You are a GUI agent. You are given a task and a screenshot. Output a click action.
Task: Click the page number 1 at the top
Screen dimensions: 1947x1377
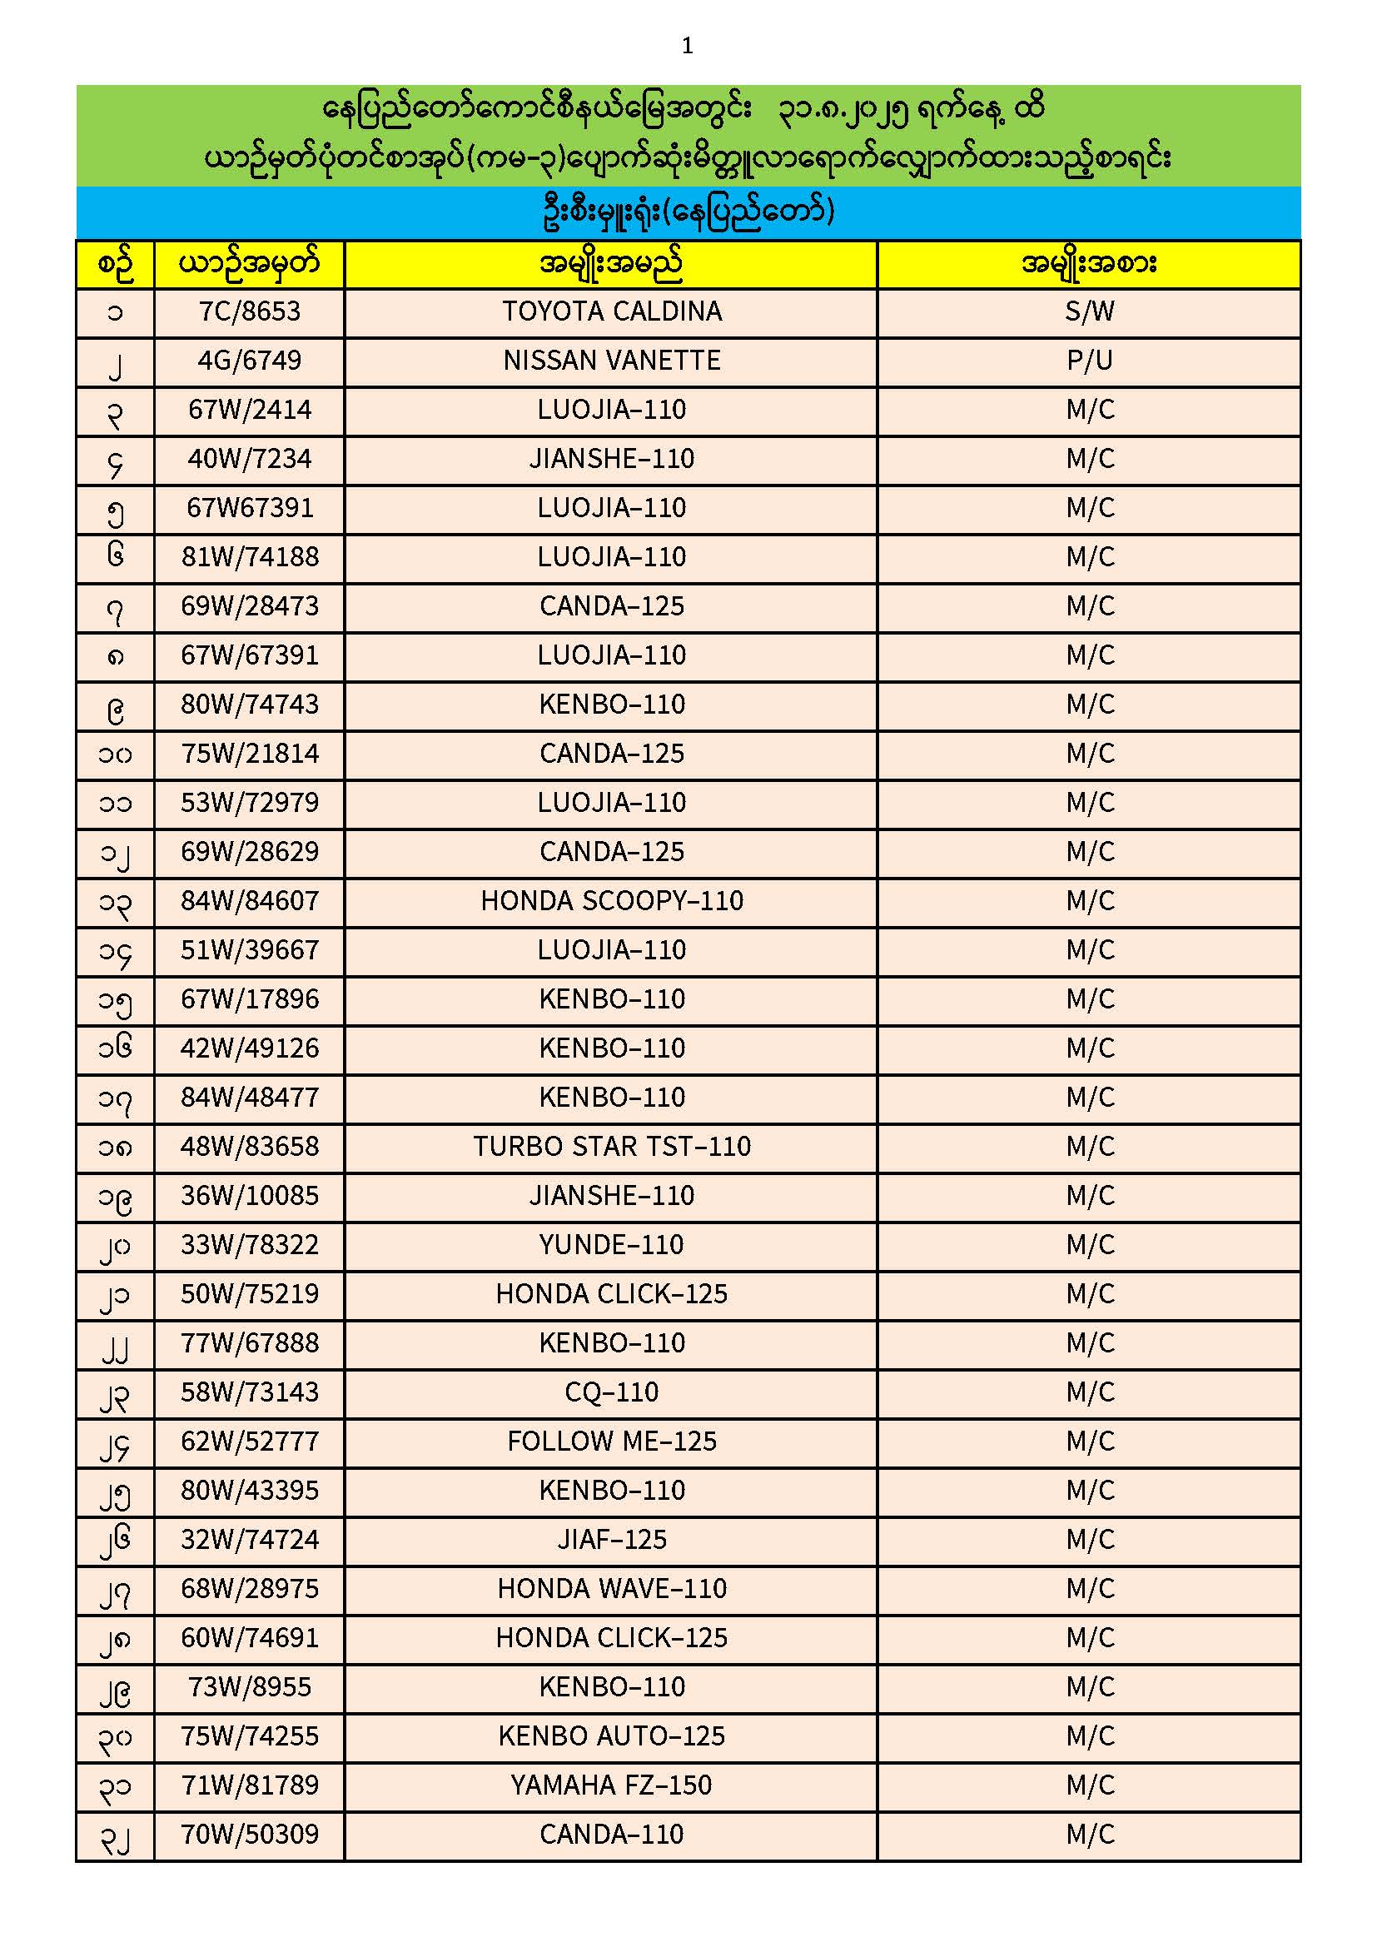[x=687, y=46]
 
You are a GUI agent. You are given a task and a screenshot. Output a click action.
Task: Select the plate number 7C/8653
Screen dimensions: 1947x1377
[x=249, y=312]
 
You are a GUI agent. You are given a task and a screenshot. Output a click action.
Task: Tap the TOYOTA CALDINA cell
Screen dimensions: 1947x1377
[x=611, y=312]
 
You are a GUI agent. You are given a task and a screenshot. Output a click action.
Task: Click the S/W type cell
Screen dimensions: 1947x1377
[x=1089, y=312]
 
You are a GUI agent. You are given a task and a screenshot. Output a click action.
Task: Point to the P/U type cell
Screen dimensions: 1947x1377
[x=1089, y=361]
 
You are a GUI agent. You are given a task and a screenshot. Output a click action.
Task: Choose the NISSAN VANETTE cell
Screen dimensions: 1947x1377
[x=611, y=361]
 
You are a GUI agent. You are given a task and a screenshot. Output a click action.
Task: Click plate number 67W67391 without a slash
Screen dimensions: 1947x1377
[x=249, y=509]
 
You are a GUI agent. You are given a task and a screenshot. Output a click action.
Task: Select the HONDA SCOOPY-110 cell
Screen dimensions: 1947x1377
[x=611, y=901]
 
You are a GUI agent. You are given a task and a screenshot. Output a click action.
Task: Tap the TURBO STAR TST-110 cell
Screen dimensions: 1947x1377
[x=611, y=1148]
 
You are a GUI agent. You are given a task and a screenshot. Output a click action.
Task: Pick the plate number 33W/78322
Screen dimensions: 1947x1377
[x=249, y=1246]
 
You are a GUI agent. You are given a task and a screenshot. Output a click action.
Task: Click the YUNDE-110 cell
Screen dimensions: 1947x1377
[x=611, y=1246]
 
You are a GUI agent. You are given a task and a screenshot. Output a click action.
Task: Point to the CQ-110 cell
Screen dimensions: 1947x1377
[x=611, y=1393]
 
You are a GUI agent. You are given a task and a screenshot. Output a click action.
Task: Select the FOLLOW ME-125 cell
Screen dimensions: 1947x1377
[x=611, y=1442]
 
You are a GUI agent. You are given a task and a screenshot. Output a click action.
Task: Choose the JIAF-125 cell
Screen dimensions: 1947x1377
[x=611, y=1541]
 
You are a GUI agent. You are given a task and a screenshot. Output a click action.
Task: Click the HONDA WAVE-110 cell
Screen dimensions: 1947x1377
[x=611, y=1590]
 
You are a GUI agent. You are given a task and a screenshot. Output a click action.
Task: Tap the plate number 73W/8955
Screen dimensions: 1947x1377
[x=249, y=1688]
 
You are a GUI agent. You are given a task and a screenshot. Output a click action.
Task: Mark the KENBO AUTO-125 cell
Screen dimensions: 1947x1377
[x=611, y=1737]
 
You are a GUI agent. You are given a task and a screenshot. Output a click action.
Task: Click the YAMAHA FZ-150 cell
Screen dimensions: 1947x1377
[x=611, y=1787]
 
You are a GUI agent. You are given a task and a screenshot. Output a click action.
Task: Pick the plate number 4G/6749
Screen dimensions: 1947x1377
[x=249, y=361]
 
